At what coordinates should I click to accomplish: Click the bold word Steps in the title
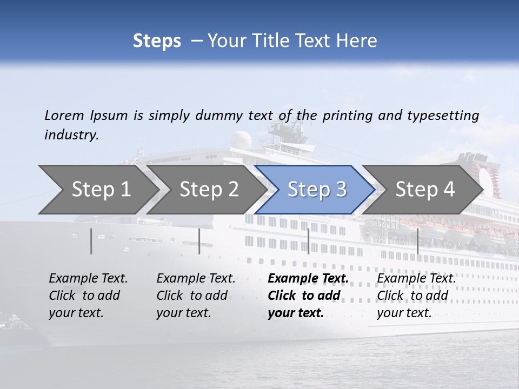click(157, 41)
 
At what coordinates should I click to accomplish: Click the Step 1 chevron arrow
click(97, 190)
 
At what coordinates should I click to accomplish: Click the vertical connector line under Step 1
click(91, 241)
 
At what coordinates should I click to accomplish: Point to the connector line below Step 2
click(199, 241)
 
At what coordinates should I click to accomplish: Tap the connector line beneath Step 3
click(308, 241)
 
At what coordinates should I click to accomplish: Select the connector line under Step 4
click(417, 241)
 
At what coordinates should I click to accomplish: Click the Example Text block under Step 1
click(88, 296)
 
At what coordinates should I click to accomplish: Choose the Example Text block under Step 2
click(196, 296)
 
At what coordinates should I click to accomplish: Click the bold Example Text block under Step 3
click(308, 296)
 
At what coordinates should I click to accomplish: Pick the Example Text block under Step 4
click(416, 296)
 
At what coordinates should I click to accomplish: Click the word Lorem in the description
click(64, 115)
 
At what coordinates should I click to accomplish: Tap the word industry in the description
click(71, 135)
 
